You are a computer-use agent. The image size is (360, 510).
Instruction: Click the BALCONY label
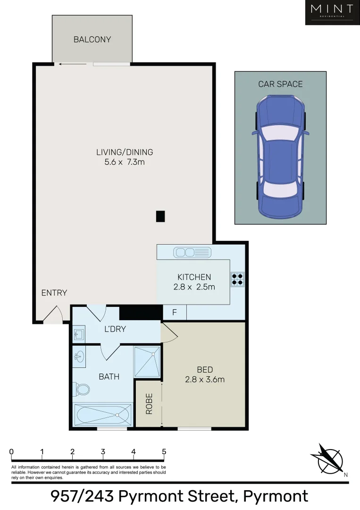[92, 40]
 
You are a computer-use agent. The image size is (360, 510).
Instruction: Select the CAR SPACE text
[280, 84]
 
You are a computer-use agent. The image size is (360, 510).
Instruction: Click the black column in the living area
[160, 216]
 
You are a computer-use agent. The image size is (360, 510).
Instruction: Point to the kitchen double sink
[192, 253]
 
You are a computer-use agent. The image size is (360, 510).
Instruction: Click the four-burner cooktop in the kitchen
[237, 280]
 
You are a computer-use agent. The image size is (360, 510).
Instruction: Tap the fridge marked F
[175, 313]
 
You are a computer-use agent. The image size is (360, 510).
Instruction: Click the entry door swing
[54, 314]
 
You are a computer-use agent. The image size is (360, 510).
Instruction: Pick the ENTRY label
[54, 293]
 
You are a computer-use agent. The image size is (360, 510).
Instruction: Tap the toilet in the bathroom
[82, 390]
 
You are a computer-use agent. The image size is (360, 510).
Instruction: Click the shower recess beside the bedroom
[147, 362]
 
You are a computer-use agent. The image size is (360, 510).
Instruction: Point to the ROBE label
[149, 404]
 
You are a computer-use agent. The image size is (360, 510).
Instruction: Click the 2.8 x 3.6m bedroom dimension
[205, 379]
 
